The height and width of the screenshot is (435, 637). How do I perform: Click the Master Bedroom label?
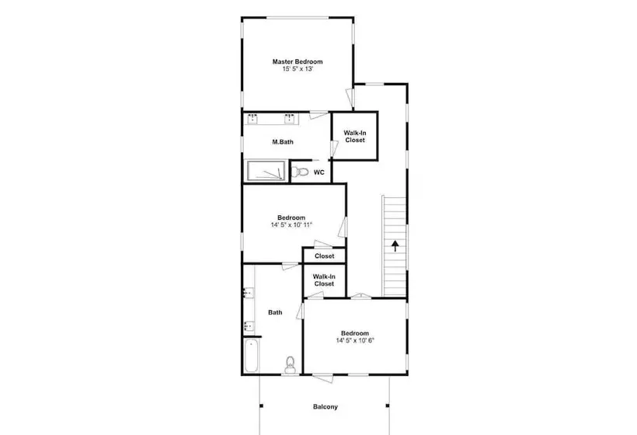click(298, 61)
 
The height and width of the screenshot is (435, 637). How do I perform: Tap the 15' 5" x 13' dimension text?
click(298, 69)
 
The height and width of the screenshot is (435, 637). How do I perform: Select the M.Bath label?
click(283, 141)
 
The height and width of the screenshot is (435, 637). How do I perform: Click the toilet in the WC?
click(300, 172)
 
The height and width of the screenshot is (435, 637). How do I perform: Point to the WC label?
click(319, 172)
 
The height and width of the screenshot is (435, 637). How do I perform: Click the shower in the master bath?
click(266, 171)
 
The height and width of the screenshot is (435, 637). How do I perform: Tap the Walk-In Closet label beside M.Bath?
click(355, 137)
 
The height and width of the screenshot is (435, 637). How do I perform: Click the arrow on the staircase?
click(395, 246)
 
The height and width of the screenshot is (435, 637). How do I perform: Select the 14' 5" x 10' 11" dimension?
click(291, 225)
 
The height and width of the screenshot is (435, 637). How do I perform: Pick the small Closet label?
click(324, 256)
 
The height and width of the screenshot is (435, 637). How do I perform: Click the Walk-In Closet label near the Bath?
click(324, 280)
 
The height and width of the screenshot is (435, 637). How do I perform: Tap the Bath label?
click(275, 312)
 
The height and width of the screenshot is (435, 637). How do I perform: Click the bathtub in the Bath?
click(251, 356)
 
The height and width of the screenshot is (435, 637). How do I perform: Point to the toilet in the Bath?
click(290, 365)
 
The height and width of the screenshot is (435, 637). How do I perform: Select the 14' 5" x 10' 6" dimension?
click(355, 341)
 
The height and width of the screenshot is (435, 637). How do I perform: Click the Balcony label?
click(325, 406)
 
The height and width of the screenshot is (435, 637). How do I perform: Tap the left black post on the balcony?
click(261, 405)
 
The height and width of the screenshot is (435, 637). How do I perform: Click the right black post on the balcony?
click(388, 405)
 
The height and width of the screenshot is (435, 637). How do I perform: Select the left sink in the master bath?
click(252, 118)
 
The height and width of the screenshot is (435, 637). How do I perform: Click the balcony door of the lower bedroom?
click(323, 378)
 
